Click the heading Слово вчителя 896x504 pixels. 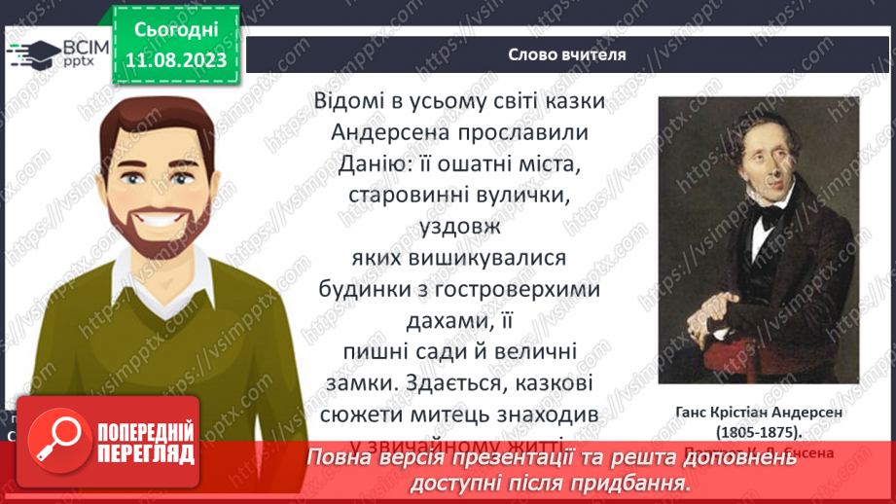pyautogui.click(x=567, y=54)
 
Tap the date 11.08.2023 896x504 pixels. pyautogui.click(x=176, y=60)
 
